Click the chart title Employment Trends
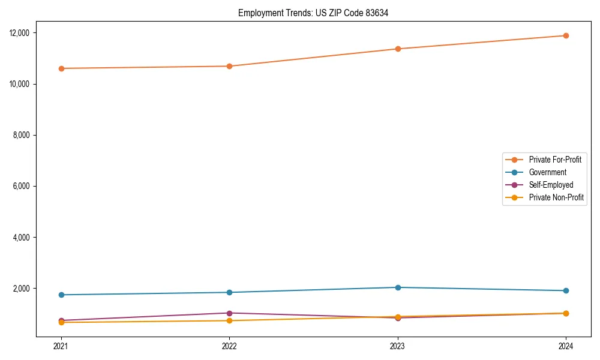pyautogui.click(x=313, y=13)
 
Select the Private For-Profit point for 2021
pyautogui.click(x=61, y=68)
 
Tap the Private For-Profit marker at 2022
pyautogui.click(x=229, y=66)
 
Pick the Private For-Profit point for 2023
pyautogui.click(x=398, y=49)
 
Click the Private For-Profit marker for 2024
pyautogui.click(x=566, y=35)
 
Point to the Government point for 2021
pyautogui.click(x=61, y=295)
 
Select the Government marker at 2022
pyautogui.click(x=229, y=292)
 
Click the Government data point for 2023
pyautogui.click(x=398, y=287)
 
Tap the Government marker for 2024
pyautogui.click(x=566, y=290)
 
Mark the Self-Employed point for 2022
pyautogui.click(x=229, y=313)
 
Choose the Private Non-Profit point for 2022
pyautogui.click(x=229, y=320)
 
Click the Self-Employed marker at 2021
pyautogui.click(x=61, y=320)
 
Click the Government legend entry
pyautogui.click(x=547, y=172)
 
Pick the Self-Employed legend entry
pyautogui.click(x=551, y=185)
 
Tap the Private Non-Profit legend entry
pyautogui.click(x=556, y=197)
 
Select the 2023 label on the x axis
pyautogui.click(x=398, y=346)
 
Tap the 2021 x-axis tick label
pyautogui.click(x=61, y=346)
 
